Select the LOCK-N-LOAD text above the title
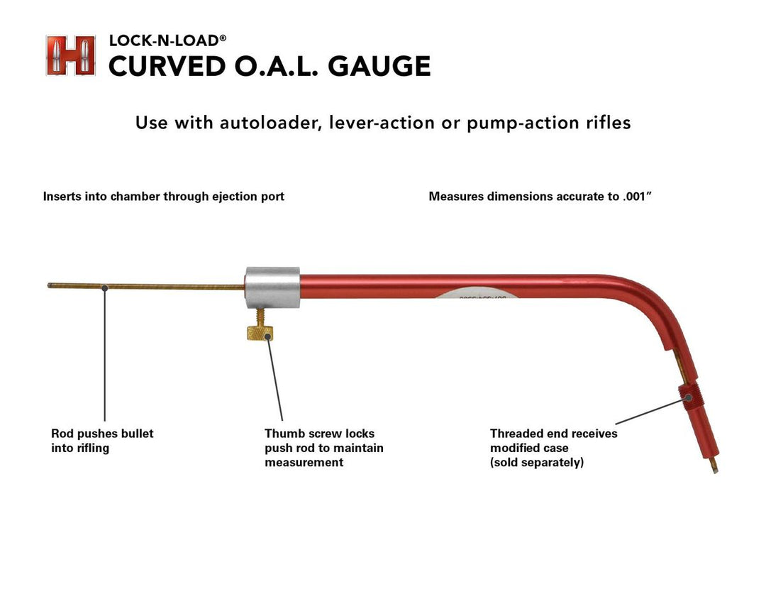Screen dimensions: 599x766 [x=163, y=41]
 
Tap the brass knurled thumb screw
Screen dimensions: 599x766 [x=262, y=331]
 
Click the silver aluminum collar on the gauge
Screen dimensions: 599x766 [x=272, y=288]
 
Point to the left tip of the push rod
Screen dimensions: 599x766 [x=50, y=285]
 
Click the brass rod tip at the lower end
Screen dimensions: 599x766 [x=714, y=467]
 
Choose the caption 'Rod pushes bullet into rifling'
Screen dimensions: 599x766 [x=102, y=440]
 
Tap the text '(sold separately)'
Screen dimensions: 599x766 [x=537, y=463]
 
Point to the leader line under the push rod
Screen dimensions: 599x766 [x=104, y=355]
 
